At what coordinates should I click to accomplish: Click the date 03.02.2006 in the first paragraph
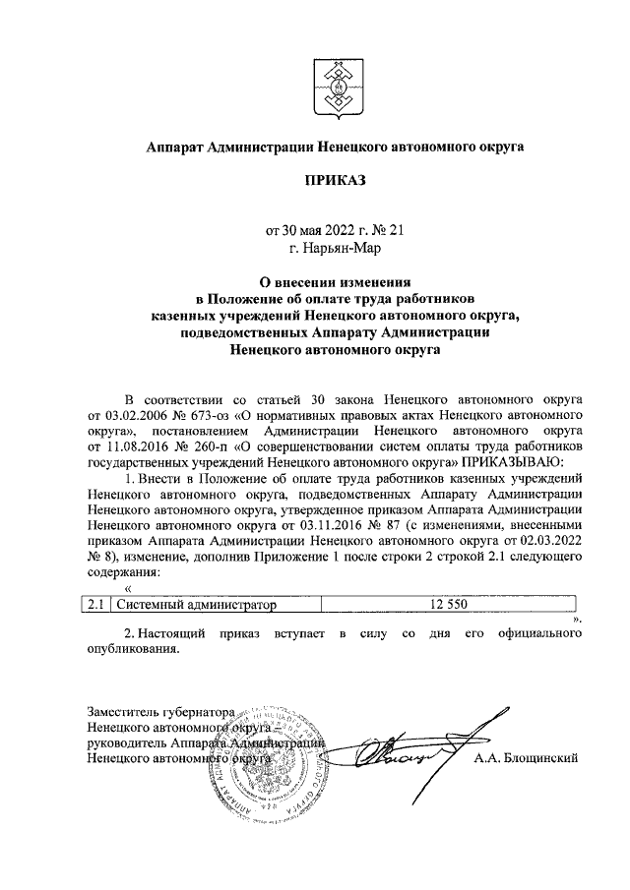tap(136, 416)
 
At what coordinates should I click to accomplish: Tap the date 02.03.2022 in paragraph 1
tap(549, 540)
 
